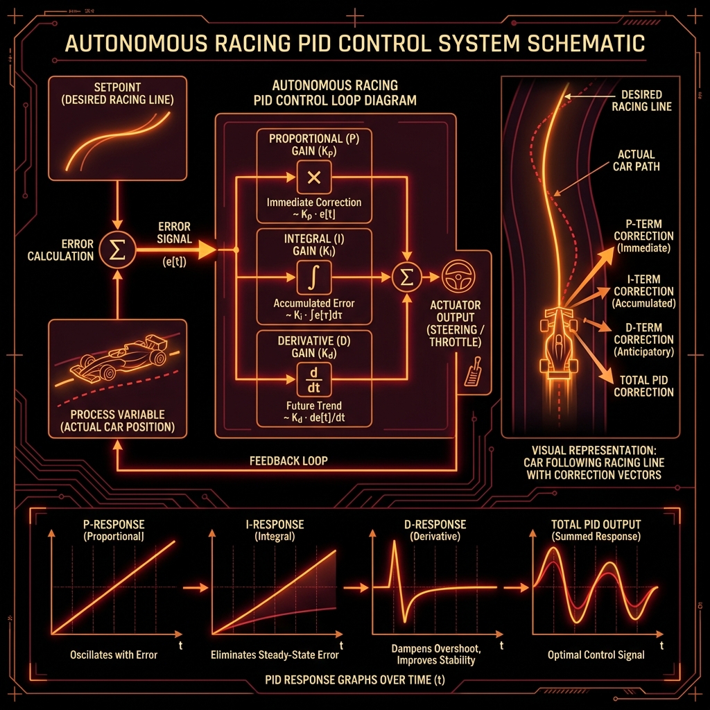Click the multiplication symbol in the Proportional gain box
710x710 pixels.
click(x=313, y=178)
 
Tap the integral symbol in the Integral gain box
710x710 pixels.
click(x=313, y=277)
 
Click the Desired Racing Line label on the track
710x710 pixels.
click(x=641, y=101)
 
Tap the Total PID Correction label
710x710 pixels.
click(x=643, y=386)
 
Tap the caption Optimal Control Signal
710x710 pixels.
click(x=596, y=655)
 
